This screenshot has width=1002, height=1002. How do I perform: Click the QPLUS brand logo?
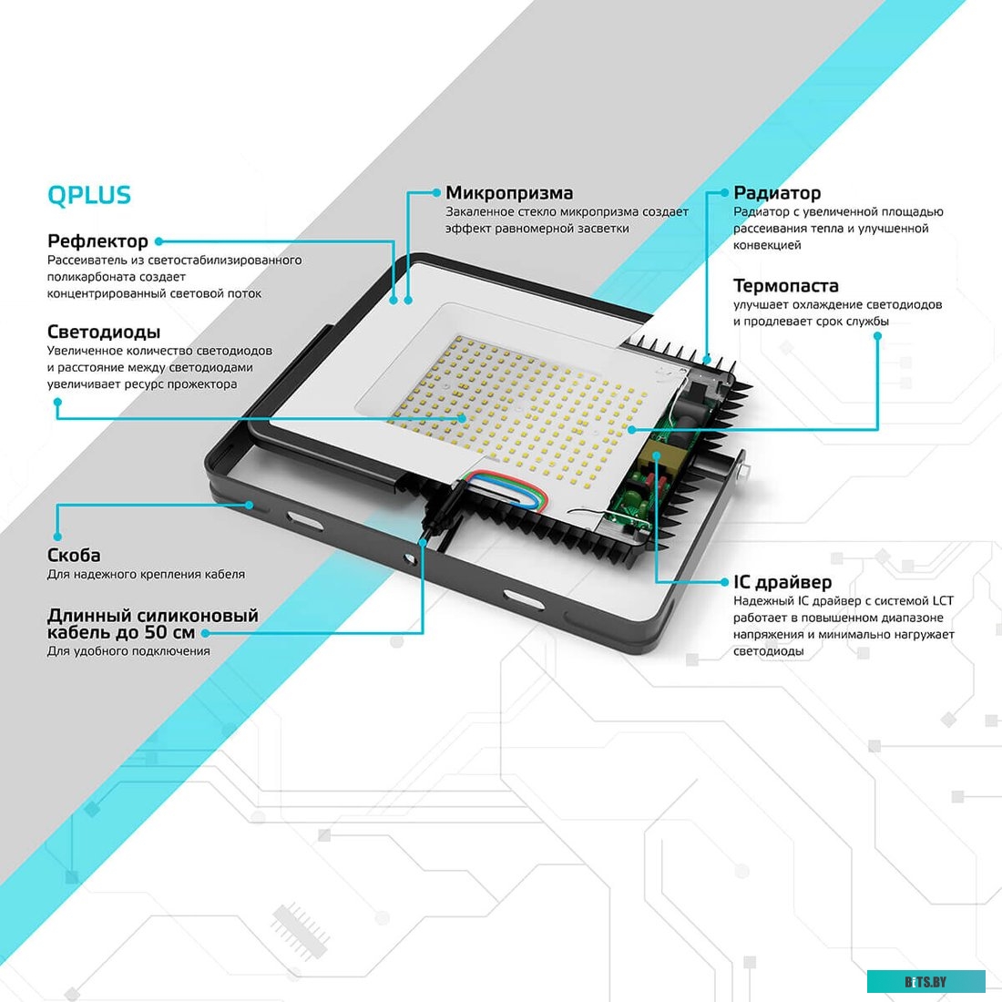coord(88,195)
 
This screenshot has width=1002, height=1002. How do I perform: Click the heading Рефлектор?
coord(97,241)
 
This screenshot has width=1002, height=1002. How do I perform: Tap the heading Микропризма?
coord(509,193)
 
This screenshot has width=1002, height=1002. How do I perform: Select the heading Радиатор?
coord(777,193)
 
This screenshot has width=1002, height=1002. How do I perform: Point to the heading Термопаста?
coord(785,286)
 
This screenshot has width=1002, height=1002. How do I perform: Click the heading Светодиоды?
coord(103,332)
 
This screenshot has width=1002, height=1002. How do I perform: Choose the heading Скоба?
coord(74,556)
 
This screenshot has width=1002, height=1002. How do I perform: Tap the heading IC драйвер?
coord(782,582)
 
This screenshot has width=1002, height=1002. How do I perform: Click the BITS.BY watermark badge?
coord(925,981)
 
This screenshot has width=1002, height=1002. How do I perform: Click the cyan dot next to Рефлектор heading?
coord(158,241)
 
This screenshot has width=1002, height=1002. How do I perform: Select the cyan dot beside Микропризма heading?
coord(436,193)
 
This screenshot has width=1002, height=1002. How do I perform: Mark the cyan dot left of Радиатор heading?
coord(725,193)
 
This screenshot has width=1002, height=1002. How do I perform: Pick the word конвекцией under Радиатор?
coord(767,245)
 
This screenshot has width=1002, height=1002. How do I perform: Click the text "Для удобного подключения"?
coord(128,651)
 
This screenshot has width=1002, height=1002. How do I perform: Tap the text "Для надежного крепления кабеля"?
coord(146,575)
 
